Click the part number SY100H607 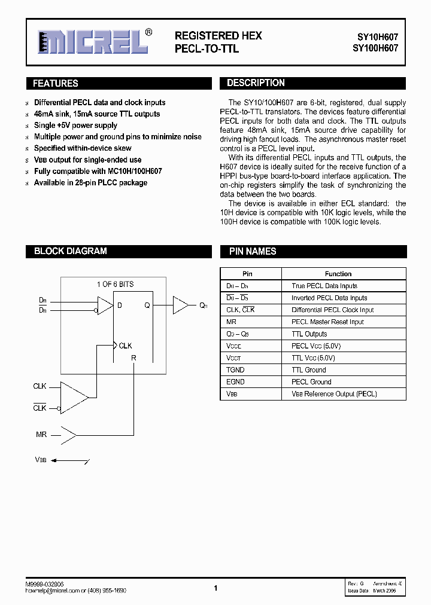[x=374, y=48]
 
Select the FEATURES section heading [x=56, y=84]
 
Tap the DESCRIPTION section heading [x=256, y=83]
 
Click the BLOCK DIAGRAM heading [x=70, y=251]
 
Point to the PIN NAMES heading [x=253, y=251]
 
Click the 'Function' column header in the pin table [x=338, y=274]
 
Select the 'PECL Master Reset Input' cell [x=327, y=322]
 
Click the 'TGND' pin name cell [x=235, y=369]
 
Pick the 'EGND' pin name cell [x=235, y=381]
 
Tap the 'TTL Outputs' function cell [x=309, y=334]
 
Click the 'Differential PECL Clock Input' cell [x=332, y=310]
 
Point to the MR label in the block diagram [x=41, y=434]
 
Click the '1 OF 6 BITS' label [x=115, y=284]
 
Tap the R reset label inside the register [x=133, y=358]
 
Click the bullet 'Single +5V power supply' [x=75, y=126]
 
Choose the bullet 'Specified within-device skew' [x=83, y=148]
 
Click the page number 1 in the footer [x=215, y=588]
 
